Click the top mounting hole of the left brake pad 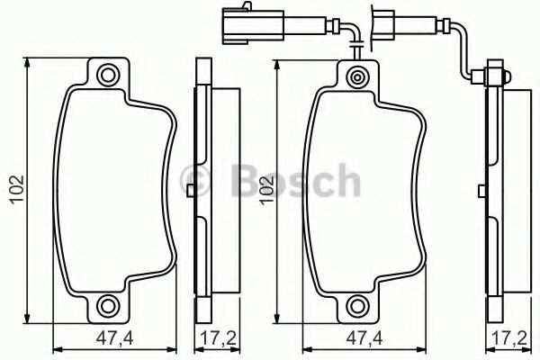tap(108, 75)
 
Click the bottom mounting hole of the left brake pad tap(108, 303)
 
